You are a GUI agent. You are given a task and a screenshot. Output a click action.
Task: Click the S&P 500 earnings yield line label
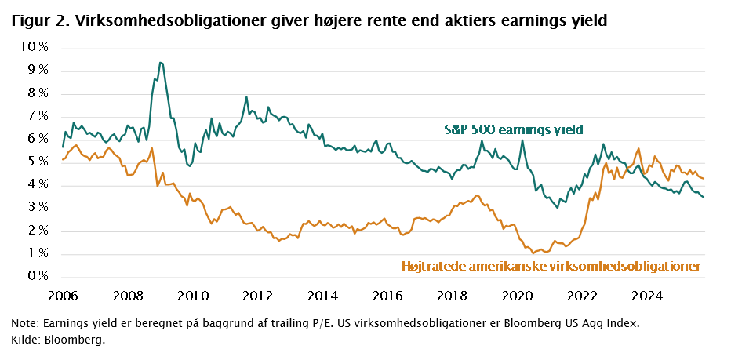(x=515, y=129)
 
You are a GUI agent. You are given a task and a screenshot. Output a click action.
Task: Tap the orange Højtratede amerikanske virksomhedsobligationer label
(x=551, y=267)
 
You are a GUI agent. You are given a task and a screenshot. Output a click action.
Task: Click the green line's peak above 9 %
(x=160, y=62)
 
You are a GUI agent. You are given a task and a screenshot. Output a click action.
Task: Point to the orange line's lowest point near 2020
(x=534, y=253)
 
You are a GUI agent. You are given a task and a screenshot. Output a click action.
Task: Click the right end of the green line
(x=704, y=197)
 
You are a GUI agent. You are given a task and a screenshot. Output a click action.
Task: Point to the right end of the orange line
(x=704, y=180)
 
